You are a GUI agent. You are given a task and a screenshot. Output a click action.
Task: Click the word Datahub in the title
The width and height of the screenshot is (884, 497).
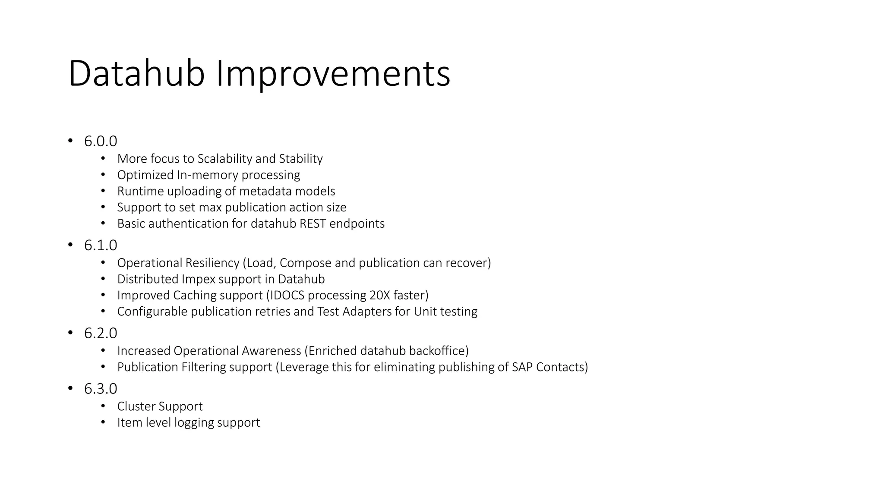[136, 74]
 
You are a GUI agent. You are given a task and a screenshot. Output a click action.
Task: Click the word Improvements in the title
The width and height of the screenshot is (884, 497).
[333, 74]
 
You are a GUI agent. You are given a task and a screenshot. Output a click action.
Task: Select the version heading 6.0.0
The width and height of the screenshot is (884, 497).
[101, 142]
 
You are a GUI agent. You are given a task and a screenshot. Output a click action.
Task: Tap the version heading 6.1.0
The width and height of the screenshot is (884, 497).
[101, 245]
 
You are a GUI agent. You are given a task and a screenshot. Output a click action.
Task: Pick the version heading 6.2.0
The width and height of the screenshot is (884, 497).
[101, 333]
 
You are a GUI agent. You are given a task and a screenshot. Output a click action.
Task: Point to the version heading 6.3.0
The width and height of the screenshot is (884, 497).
[101, 389]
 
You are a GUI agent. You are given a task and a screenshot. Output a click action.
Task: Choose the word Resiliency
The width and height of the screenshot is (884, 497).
[212, 263]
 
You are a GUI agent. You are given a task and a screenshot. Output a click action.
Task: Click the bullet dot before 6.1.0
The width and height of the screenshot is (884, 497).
[70, 245]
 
